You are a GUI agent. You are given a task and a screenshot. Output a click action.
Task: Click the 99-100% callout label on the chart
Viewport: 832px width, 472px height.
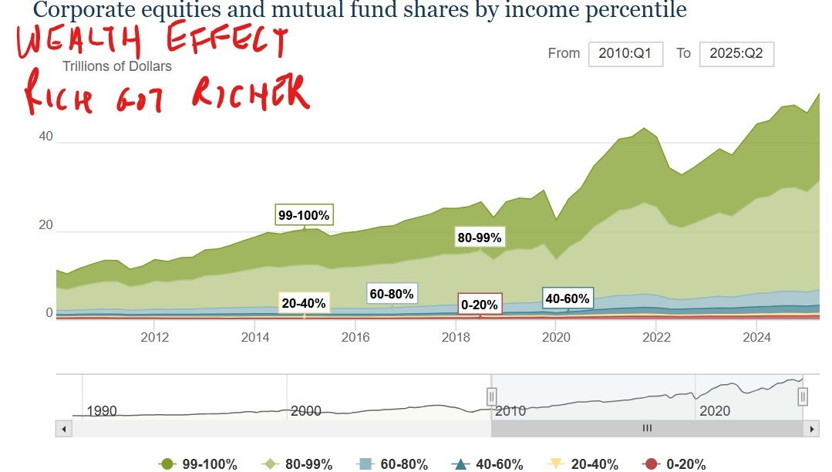[304, 216]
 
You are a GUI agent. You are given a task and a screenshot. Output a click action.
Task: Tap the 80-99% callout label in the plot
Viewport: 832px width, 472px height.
[480, 238]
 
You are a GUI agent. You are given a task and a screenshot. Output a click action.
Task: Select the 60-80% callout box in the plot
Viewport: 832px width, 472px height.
[392, 294]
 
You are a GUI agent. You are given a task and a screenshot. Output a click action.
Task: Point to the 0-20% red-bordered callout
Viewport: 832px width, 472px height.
[480, 304]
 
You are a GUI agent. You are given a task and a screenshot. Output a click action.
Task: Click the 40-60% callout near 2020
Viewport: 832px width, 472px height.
[568, 298]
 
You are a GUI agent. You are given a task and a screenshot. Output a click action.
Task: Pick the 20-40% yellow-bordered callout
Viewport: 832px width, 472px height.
[304, 303]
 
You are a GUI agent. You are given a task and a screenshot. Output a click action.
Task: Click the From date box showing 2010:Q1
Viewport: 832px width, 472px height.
[625, 54]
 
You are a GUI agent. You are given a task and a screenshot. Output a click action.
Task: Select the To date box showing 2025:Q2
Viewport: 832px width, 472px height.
[736, 54]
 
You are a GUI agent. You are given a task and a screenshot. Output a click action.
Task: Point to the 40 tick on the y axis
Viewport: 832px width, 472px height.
[46, 137]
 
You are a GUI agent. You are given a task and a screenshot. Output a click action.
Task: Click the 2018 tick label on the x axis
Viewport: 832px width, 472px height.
[456, 337]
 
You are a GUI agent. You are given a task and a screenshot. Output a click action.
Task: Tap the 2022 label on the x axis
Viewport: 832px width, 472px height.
[656, 337]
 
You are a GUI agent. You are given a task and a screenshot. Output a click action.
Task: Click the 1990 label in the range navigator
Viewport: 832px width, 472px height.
[102, 411]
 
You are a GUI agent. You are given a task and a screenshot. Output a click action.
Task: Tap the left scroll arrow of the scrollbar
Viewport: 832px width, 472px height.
[63, 428]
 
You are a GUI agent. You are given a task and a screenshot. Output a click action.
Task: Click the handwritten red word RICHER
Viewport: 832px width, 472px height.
[250, 92]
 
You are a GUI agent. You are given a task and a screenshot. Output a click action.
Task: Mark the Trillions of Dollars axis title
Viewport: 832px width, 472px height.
[117, 66]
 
